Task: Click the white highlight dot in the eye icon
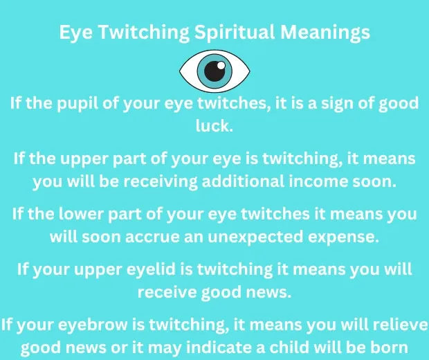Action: click(219, 66)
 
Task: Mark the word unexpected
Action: click(271, 236)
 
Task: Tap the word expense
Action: click(352, 236)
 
